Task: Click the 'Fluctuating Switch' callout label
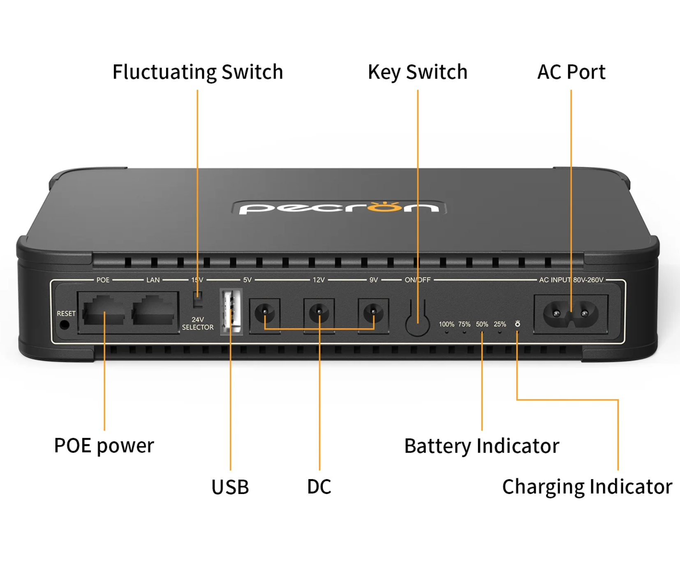[x=198, y=72]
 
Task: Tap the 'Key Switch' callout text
[x=417, y=72]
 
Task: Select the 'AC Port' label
[x=571, y=72]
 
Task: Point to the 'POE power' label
[x=104, y=445]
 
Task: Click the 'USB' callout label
[x=230, y=487]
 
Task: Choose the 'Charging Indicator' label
[x=587, y=487]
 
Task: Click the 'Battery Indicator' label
[x=482, y=446]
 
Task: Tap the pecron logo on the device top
[x=339, y=207]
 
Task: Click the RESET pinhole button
[x=64, y=325]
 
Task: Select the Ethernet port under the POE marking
[x=104, y=311]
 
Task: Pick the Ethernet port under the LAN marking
[x=153, y=311]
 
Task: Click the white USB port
[x=231, y=311]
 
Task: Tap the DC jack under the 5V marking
[x=265, y=313]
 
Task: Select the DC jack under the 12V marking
[x=319, y=313]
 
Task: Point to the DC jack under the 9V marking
[x=373, y=313]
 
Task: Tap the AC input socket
[x=571, y=314]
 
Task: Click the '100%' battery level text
[x=446, y=324]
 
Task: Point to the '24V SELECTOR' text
[x=198, y=323]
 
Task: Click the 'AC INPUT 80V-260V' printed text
[x=571, y=280]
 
